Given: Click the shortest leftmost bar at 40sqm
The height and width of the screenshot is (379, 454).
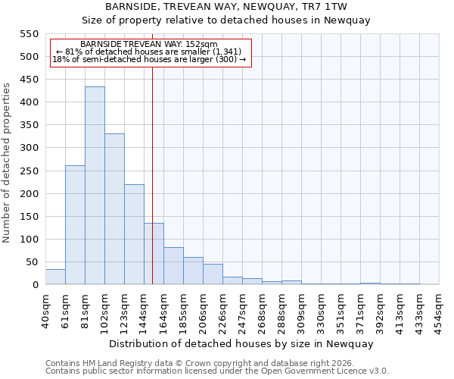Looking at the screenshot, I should point(55,277).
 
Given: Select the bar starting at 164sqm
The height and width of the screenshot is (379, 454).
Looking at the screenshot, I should point(173,266).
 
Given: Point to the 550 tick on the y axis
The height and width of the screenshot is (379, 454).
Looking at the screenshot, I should point(29,34).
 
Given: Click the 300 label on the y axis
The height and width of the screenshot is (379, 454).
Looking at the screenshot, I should point(29,148).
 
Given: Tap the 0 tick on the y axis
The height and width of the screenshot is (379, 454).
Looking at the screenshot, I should point(35,285).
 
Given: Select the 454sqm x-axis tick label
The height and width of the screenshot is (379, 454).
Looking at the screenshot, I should point(440,309).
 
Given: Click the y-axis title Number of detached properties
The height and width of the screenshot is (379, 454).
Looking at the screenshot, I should point(8,163).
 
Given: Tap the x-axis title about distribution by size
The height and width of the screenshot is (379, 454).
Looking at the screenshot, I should point(242,343).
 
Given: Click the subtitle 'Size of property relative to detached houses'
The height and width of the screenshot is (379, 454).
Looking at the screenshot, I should point(227,20).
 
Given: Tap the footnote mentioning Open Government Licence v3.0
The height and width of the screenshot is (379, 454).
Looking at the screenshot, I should point(217,371).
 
